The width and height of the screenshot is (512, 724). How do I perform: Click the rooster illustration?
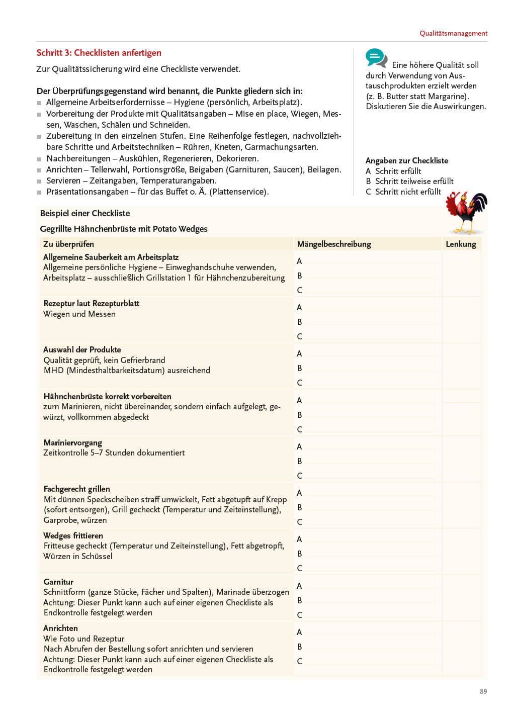pyautogui.click(x=466, y=213)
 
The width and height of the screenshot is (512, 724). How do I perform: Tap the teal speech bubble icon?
pyautogui.click(x=376, y=58)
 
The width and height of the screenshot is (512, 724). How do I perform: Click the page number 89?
pyautogui.click(x=483, y=691)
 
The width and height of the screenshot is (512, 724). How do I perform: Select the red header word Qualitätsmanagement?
pyautogui.click(x=453, y=33)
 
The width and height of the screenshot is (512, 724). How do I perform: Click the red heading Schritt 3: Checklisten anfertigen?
pyautogui.click(x=99, y=53)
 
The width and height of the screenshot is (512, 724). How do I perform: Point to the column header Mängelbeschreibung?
pyautogui.click(x=334, y=244)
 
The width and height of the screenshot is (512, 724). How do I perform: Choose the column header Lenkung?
pyautogui.click(x=461, y=244)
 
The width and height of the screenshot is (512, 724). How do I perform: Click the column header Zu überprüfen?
pyautogui.click(x=68, y=244)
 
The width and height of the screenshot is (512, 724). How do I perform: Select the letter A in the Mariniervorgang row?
pyautogui.click(x=299, y=446)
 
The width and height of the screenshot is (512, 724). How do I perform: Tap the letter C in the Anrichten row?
pyautogui.click(x=299, y=661)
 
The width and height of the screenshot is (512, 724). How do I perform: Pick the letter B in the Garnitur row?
pyautogui.click(x=299, y=600)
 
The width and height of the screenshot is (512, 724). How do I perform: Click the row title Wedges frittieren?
pyautogui.click(x=73, y=535)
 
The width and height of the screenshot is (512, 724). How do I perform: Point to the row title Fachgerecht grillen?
pyautogui.click(x=76, y=489)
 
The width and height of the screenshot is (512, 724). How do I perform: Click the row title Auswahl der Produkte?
pyautogui.click(x=82, y=349)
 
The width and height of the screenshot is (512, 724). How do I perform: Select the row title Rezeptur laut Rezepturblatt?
pyautogui.click(x=91, y=303)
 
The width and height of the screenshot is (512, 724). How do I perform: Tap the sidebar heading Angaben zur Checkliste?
pyautogui.click(x=406, y=160)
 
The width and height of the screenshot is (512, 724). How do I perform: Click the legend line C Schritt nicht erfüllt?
pyautogui.click(x=403, y=192)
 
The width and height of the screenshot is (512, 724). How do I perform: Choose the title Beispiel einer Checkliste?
pyautogui.click(x=84, y=213)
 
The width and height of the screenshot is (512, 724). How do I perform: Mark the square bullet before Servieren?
pyautogui.click(x=39, y=181)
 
